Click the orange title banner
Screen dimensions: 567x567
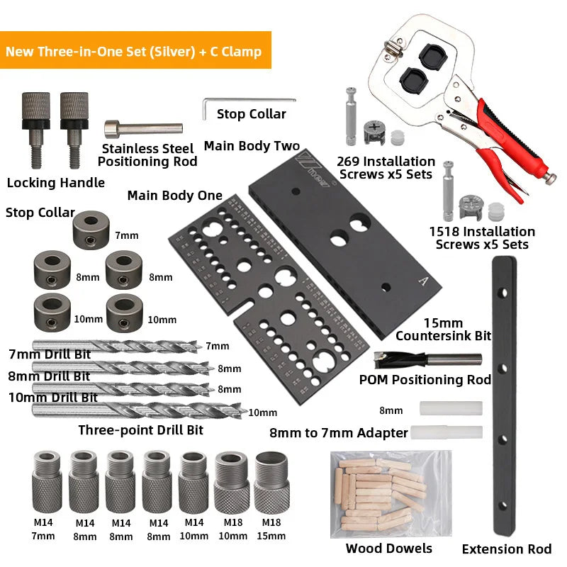coord(135,51)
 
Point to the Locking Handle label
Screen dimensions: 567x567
coord(56,183)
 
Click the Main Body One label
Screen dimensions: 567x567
coord(174,196)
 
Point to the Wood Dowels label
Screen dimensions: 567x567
coord(389,548)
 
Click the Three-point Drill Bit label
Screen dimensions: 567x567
coord(140,430)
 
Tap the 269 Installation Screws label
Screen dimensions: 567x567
coord(386,168)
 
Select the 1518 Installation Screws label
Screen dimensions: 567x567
coord(482,238)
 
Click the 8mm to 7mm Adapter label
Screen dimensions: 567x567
coord(339,432)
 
